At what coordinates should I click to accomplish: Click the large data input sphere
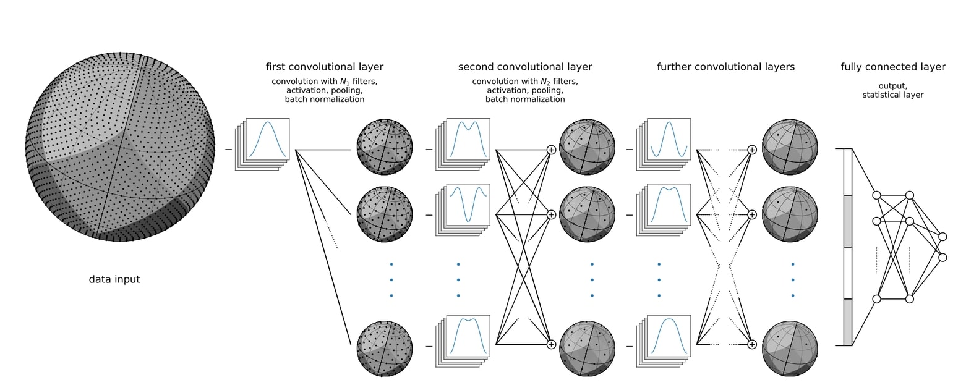point(120,146)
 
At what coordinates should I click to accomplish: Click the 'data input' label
point(114,279)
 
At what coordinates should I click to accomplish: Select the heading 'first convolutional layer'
point(324,67)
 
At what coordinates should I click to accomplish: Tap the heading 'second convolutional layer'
point(525,67)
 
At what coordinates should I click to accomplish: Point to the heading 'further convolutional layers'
point(725,67)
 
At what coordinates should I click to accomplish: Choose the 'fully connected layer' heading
point(892,67)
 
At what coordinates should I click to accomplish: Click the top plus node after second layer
point(551,150)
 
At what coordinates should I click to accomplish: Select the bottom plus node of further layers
point(752,344)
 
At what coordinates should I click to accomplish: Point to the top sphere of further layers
point(790,147)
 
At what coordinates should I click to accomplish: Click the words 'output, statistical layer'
point(892,90)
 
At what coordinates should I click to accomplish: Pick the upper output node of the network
point(943,237)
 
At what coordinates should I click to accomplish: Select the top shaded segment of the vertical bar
point(848,221)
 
